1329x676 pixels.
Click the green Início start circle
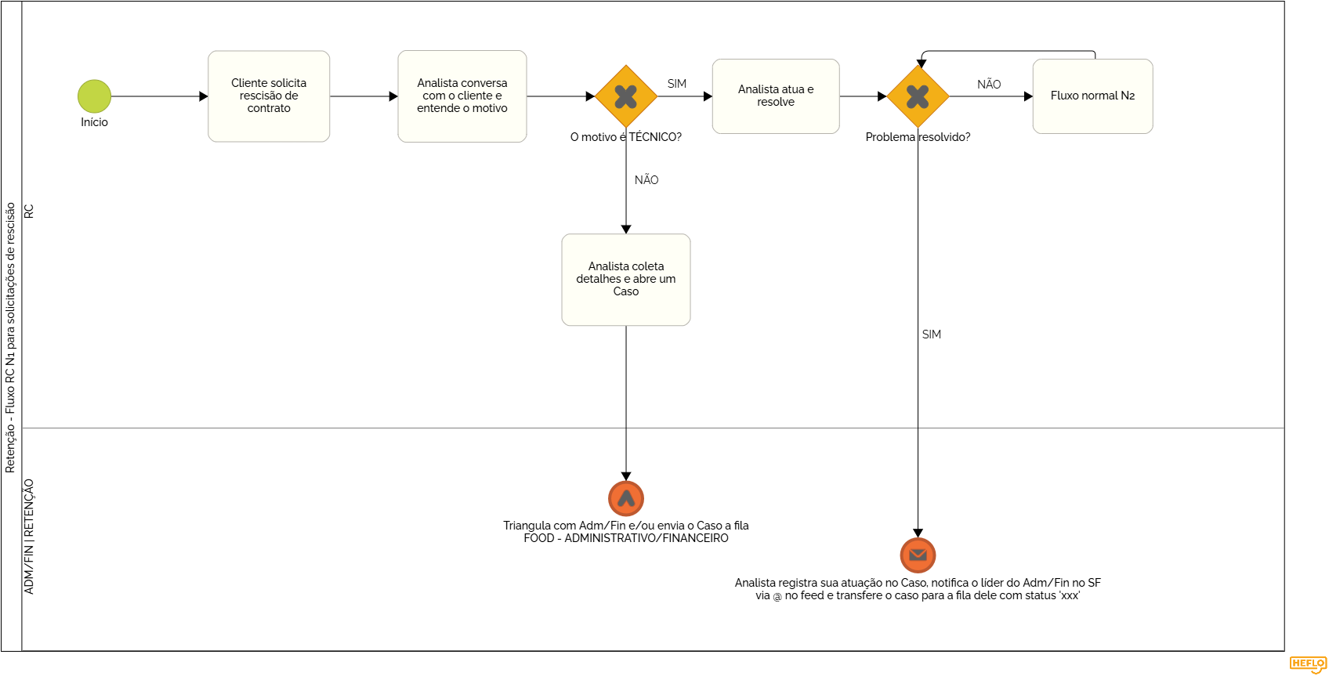coord(94,96)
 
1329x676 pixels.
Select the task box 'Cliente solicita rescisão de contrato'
coord(269,96)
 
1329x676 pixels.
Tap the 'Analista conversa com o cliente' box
coord(462,96)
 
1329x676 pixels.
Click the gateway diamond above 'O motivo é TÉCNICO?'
coord(625,96)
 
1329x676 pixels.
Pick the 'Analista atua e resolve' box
coord(776,96)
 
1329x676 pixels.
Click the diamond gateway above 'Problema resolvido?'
coord(918,96)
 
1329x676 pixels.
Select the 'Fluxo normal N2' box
coord(1092,96)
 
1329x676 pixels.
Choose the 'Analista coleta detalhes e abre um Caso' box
coord(625,280)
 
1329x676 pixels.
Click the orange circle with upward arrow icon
coord(625,498)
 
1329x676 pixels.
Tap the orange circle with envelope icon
coord(918,555)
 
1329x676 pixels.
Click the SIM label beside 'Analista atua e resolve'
coord(677,84)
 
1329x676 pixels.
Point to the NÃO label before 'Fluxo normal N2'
coord(989,85)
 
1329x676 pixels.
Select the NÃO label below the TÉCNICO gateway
coord(646,180)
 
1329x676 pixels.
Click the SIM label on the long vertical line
coord(932,334)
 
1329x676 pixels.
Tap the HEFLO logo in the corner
coord(1308,664)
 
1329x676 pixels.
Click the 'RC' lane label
coord(29,211)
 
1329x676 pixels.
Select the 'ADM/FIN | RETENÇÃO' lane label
coord(29,537)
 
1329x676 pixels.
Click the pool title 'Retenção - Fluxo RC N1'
coord(10,338)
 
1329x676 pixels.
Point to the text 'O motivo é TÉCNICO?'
coord(625,137)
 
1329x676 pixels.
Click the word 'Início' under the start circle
coord(94,122)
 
